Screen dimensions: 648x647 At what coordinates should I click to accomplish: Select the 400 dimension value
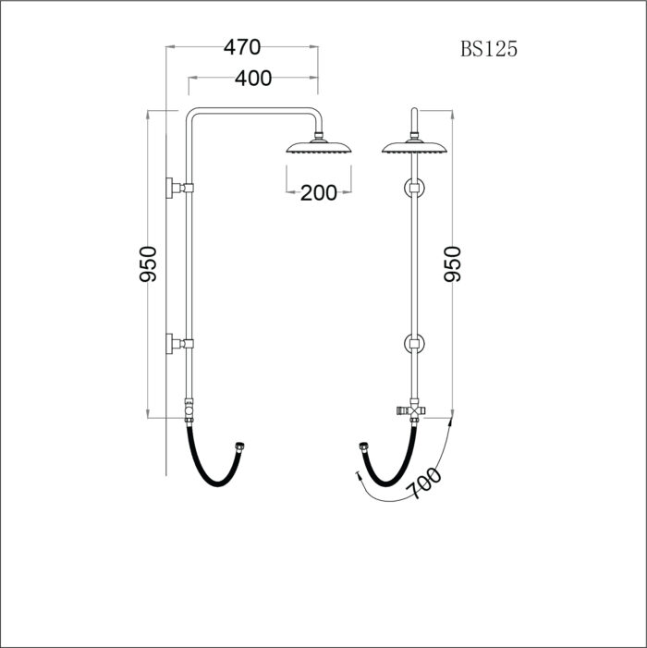tap(252, 79)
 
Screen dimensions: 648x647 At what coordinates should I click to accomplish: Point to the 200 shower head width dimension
tap(318, 192)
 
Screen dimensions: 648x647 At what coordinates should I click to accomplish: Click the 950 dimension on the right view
tap(453, 264)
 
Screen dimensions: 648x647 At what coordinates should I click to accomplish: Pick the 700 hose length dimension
tap(423, 483)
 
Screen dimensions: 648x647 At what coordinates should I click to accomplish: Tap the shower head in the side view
tap(319, 148)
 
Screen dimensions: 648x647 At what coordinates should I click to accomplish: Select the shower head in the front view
tap(413, 149)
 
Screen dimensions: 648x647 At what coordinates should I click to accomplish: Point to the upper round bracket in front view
tap(413, 189)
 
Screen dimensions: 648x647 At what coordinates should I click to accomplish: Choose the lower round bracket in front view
tap(413, 346)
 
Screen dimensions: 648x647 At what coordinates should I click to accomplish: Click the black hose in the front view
tap(388, 471)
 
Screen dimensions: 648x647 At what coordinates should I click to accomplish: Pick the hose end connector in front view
tap(362, 449)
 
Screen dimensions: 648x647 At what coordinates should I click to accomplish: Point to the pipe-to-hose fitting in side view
tap(189, 408)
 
